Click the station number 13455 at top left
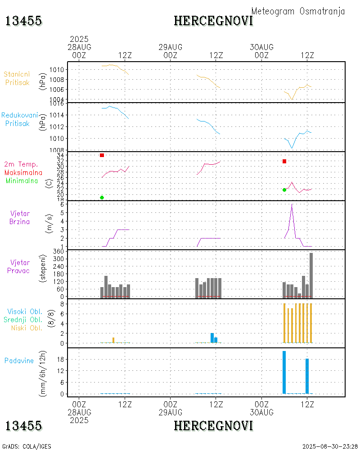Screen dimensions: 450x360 [x=23, y=21]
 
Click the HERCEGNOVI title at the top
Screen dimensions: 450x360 [x=213, y=21]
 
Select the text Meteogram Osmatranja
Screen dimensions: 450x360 [x=298, y=11]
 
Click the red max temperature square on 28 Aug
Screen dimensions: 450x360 [x=102, y=155]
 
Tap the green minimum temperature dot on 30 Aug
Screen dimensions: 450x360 [x=284, y=190]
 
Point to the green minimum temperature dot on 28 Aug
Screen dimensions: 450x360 [x=102, y=198]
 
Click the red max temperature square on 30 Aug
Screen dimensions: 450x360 [x=284, y=161]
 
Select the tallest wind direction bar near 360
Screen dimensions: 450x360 [x=311, y=274]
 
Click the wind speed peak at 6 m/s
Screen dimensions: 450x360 [x=292, y=205]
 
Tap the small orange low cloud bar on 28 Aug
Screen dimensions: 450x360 [x=113, y=340]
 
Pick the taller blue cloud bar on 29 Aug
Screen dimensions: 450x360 [x=212, y=337]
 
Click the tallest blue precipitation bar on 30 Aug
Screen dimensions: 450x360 [x=284, y=372]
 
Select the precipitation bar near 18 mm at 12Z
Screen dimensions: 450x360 [x=307, y=376]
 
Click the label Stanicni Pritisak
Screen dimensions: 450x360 [x=18, y=78]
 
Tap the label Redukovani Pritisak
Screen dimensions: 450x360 [x=19, y=119]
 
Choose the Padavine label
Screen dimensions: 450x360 [x=19, y=360]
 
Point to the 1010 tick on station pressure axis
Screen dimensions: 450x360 [x=59, y=70]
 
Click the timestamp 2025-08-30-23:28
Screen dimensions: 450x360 [x=330, y=446]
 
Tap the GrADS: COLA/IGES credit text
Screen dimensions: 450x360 [x=27, y=446]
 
